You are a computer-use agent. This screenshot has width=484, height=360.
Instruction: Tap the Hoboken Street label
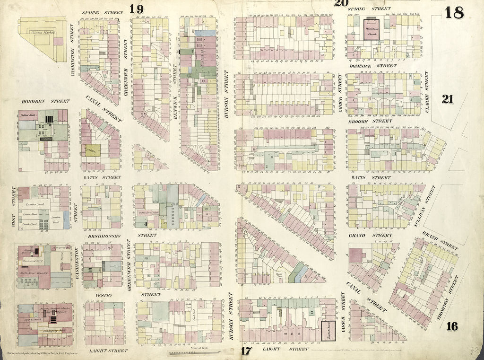click(45, 101)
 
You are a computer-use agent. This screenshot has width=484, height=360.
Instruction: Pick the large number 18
click(454, 13)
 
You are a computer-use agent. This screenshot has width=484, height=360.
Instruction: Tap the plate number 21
click(447, 99)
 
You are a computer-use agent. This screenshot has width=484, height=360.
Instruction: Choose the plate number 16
click(452, 326)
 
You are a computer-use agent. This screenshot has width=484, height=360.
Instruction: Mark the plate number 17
click(246, 351)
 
